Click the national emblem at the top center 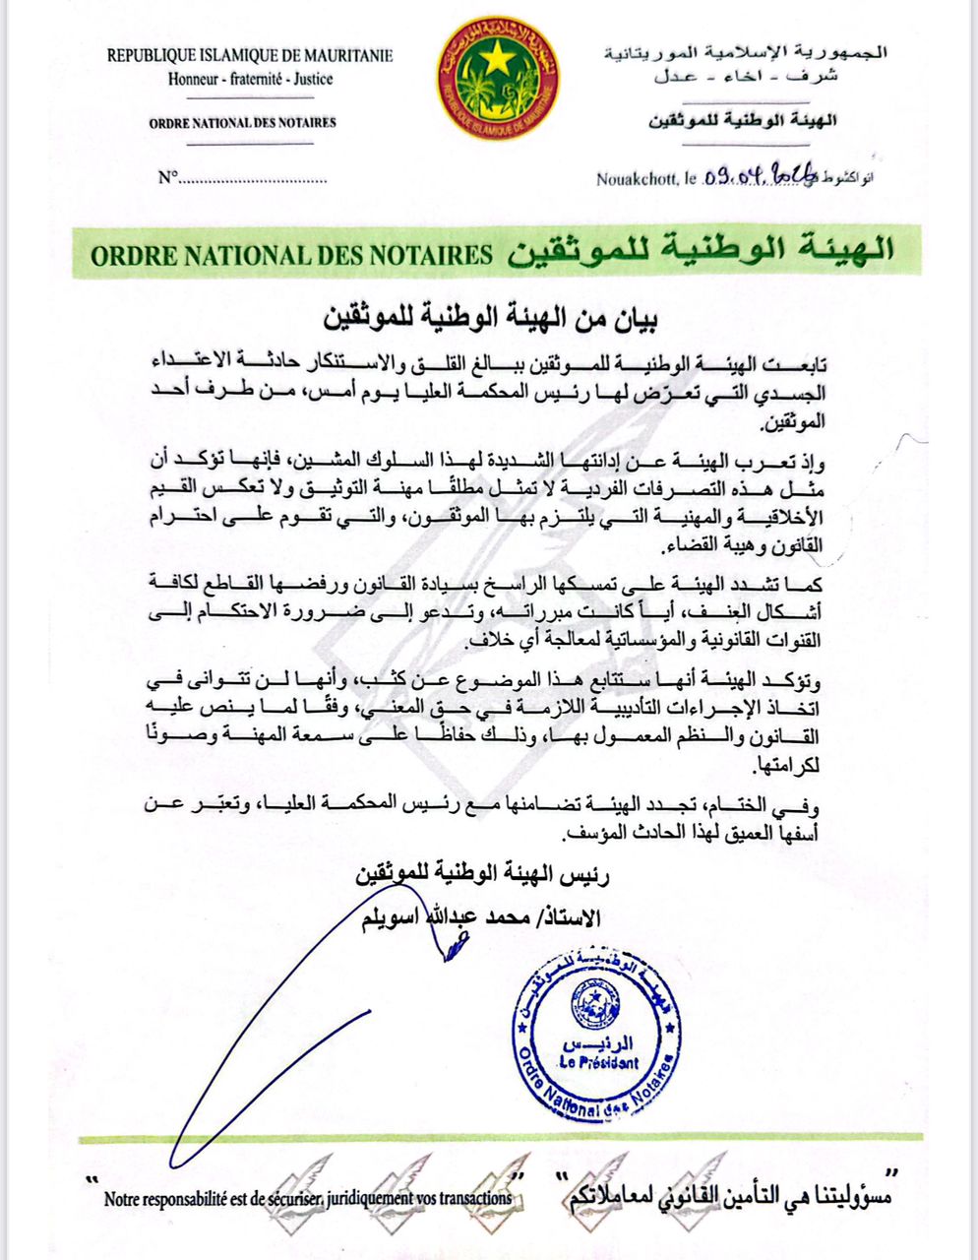pyautogui.click(x=499, y=78)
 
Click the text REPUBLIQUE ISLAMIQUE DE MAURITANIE pyautogui.click(x=250, y=56)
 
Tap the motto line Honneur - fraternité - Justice pyautogui.click(x=250, y=79)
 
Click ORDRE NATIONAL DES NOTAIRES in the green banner pyautogui.click(x=291, y=255)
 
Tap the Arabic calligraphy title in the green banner pyautogui.click(x=701, y=251)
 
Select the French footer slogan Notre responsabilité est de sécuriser pyautogui.click(x=308, y=1199)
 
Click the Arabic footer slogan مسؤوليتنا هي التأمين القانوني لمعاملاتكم pyautogui.click(x=725, y=1196)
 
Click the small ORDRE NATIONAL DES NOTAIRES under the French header pyautogui.click(x=242, y=123)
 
